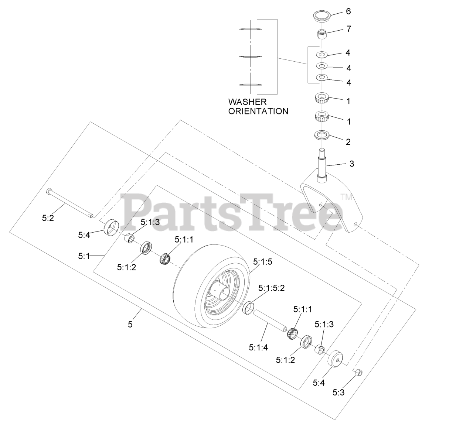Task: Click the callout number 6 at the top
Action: point(348,11)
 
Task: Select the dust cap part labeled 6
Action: point(321,16)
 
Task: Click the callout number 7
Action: point(349,29)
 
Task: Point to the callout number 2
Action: point(348,142)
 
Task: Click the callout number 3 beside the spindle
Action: point(351,164)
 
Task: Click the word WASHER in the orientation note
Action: point(247,102)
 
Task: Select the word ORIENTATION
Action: point(258,111)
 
